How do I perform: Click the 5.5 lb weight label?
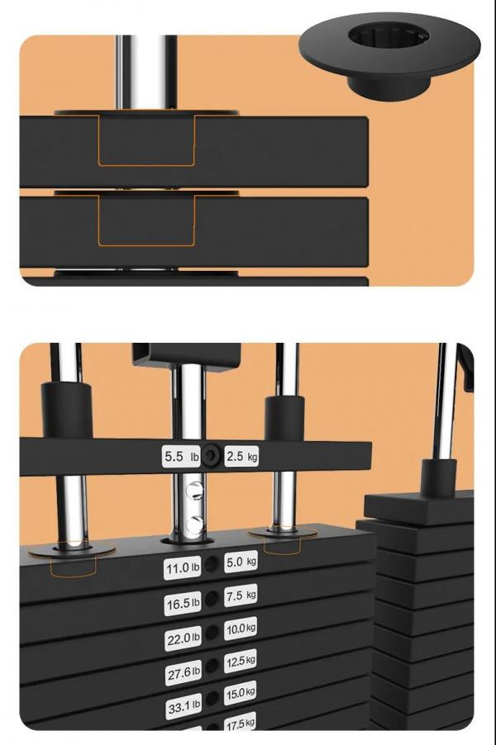(x=181, y=457)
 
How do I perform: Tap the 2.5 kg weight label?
(x=241, y=456)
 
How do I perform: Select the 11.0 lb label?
(x=182, y=567)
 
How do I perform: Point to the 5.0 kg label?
(x=241, y=562)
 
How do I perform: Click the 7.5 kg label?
(x=241, y=596)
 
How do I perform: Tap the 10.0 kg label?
(x=241, y=629)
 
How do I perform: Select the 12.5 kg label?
(x=241, y=661)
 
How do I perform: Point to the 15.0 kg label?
(x=240, y=693)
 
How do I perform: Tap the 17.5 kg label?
(x=240, y=724)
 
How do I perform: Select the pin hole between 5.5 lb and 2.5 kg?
(x=211, y=457)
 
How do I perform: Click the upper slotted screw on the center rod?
(x=194, y=490)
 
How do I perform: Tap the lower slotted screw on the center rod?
(x=194, y=524)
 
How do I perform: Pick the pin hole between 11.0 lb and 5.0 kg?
(x=212, y=564)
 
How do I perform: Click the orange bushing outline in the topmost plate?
(x=146, y=165)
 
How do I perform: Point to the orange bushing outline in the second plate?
(x=146, y=245)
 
